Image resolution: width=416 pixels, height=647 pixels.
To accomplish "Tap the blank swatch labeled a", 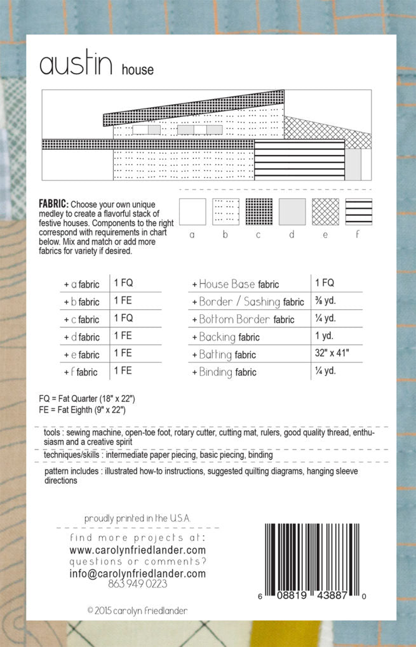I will pyautogui.click(x=192, y=212).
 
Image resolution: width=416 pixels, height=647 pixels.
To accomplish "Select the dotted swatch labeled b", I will pyautogui.click(x=225, y=212).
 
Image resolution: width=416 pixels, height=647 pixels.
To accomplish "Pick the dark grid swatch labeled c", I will pyautogui.click(x=258, y=212).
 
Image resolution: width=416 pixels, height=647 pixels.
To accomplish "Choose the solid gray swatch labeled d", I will pyautogui.click(x=292, y=212).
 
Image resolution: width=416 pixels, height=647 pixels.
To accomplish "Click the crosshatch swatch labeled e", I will pyautogui.click(x=325, y=212).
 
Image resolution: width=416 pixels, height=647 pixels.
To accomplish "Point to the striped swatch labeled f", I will pyautogui.click(x=359, y=212).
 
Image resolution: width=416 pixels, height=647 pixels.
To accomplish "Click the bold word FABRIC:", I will pyautogui.click(x=53, y=204).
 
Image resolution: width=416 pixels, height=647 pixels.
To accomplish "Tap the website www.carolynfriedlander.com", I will pyautogui.click(x=137, y=550).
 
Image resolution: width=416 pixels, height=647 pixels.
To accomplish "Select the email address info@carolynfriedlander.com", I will pyautogui.click(x=137, y=573).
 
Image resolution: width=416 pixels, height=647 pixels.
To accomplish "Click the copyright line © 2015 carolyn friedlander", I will pyautogui.click(x=137, y=610).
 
